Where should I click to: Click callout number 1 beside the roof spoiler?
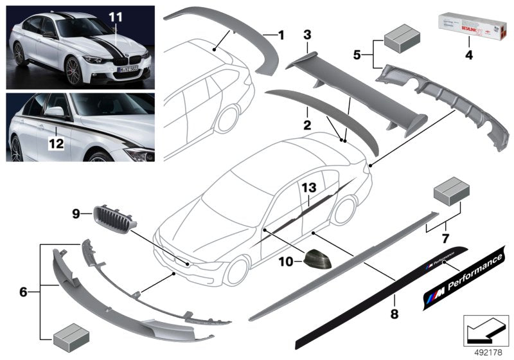point(280,34)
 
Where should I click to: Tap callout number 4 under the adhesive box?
point(468,56)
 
